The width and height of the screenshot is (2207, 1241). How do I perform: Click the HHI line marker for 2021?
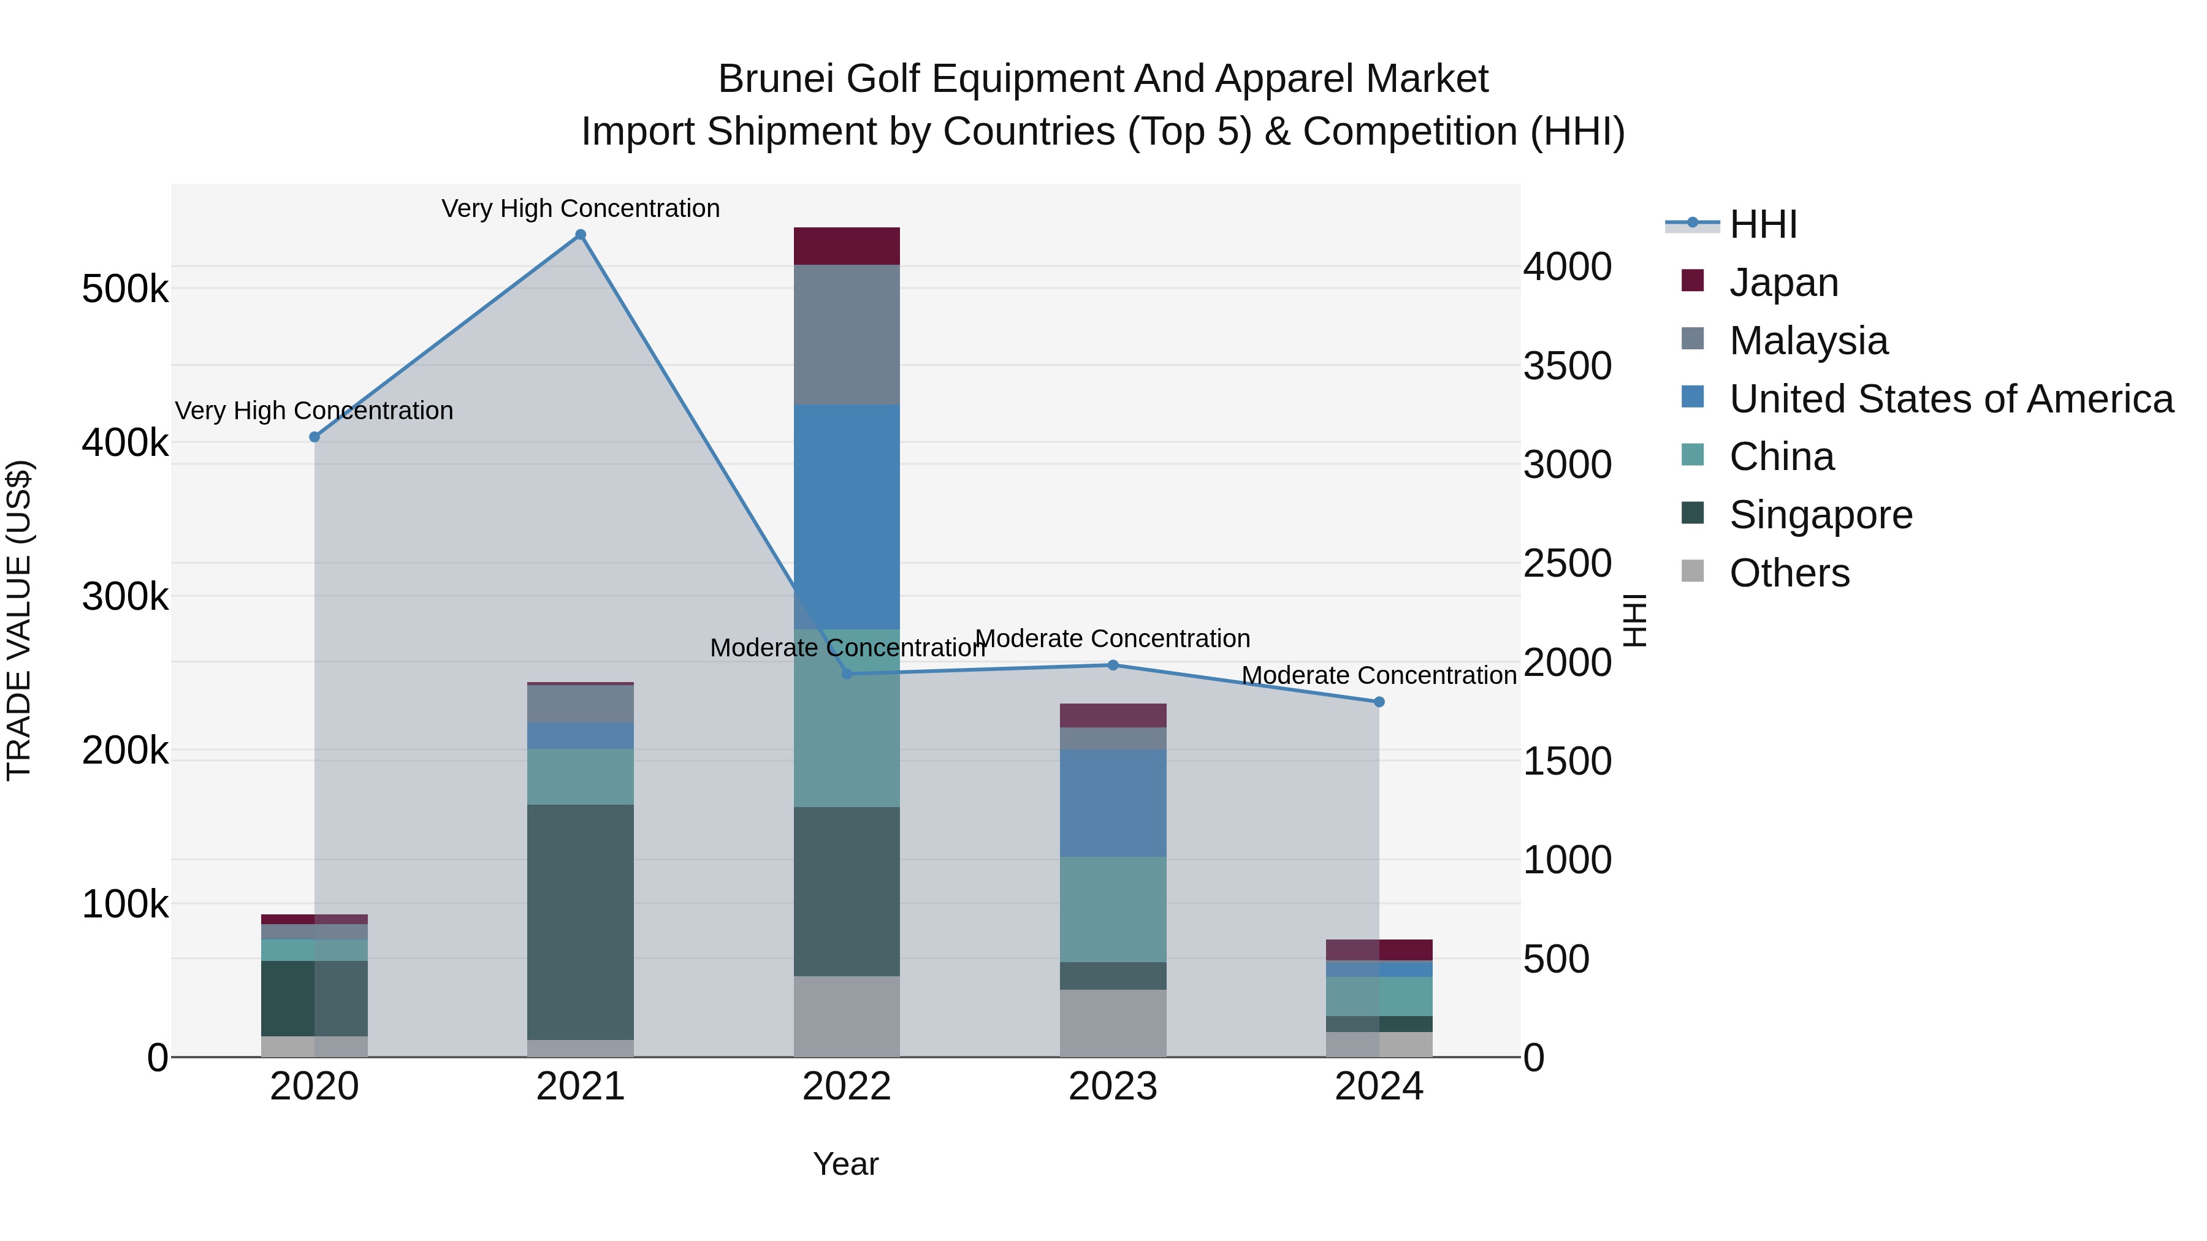(x=580, y=235)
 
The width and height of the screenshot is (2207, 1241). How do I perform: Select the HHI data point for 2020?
(x=314, y=437)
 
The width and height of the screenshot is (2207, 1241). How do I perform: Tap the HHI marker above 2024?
(x=1379, y=702)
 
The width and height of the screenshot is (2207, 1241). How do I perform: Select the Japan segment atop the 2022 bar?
(x=847, y=246)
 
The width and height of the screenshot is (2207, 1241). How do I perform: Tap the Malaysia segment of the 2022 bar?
(x=847, y=335)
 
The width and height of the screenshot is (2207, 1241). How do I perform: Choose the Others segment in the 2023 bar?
(x=1113, y=1023)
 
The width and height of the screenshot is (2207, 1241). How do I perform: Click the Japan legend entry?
(x=1784, y=283)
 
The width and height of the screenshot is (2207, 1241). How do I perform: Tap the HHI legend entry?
(x=1763, y=224)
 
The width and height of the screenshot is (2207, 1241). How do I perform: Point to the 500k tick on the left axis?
(x=125, y=289)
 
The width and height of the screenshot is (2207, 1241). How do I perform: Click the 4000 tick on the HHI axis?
(x=1567, y=267)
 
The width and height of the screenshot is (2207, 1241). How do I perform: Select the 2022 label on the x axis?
(x=847, y=1087)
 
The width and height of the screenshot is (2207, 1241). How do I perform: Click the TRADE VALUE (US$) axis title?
(x=19, y=620)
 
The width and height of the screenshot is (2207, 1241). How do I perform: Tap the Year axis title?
(x=845, y=1164)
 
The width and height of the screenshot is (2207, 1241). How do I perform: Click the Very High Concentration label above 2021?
(x=580, y=208)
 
